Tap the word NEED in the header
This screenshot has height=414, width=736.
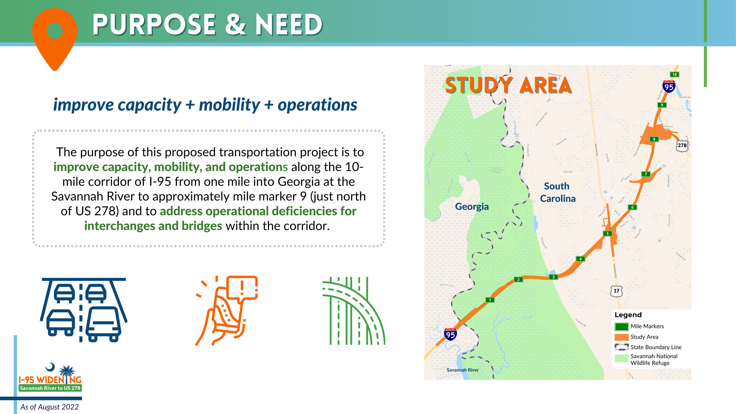[289, 25]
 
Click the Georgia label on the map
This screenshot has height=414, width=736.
[472, 206]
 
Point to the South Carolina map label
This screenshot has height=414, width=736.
[557, 192]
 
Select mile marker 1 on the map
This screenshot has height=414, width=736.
[490, 300]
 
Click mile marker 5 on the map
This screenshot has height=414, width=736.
[607, 234]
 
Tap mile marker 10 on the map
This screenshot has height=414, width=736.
[674, 74]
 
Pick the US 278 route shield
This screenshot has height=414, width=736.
[682, 145]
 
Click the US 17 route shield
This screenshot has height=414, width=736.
[616, 291]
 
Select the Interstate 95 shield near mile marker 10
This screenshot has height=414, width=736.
[669, 87]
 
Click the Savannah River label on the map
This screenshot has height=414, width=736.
[463, 370]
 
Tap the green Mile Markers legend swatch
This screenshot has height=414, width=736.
[621, 327]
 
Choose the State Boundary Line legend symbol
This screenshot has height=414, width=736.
[621, 347]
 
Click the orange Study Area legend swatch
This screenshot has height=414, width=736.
[621, 337]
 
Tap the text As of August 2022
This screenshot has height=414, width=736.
[49, 407]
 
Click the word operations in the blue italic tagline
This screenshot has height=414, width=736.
[317, 105]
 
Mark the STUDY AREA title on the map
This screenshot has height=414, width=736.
[508, 85]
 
